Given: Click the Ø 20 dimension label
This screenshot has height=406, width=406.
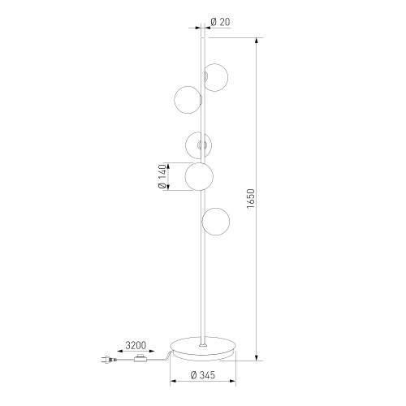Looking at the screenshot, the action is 220,22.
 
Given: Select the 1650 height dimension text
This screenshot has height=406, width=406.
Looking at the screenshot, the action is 251,199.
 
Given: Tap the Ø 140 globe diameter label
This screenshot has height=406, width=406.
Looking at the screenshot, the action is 162,176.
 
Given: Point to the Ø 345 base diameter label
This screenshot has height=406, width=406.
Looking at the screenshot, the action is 203,375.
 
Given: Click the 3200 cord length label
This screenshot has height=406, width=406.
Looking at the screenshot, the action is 136,345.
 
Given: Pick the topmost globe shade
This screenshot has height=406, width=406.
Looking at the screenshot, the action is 216,77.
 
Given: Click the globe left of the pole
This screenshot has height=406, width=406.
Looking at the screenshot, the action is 188,100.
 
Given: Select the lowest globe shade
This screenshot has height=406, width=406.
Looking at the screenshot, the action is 216,222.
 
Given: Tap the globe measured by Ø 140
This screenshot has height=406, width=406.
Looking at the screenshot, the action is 199,176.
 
